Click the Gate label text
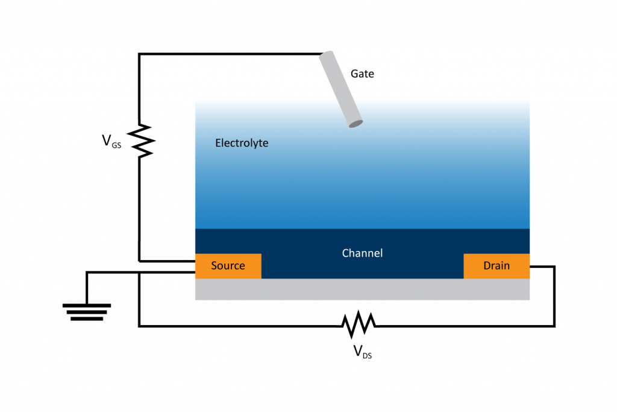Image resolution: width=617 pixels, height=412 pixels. coord(362,74)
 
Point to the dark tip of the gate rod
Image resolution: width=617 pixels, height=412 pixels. coord(355,124)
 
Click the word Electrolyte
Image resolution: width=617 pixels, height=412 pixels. coord(242,143)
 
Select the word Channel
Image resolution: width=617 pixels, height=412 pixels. coord(362,253)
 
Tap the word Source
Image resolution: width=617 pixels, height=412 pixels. coord(228,265)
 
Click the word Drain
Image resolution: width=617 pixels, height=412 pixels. coord(496,265)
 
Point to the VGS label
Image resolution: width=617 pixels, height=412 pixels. coord(111,142)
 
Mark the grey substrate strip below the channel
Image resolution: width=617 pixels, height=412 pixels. coord(362,290)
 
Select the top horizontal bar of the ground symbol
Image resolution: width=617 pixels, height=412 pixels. coord(87,305)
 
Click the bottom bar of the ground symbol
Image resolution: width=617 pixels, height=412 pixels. coord(87,319)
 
